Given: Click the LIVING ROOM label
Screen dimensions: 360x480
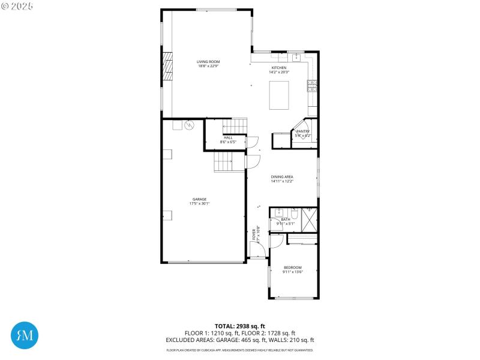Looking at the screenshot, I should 208,62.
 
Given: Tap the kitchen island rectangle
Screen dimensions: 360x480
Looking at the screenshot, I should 278,95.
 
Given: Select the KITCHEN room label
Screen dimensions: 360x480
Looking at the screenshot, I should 279,68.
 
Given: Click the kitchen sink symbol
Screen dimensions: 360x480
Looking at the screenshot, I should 295,58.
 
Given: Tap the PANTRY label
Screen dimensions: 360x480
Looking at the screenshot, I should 302,131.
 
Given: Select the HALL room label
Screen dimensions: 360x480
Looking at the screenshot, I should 228,138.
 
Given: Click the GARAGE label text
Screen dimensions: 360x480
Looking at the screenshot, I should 199,199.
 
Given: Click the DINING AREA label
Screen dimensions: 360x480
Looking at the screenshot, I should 281,176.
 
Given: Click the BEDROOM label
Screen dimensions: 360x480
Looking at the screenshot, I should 292,268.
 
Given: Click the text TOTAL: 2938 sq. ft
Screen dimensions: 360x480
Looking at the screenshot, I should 239,326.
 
